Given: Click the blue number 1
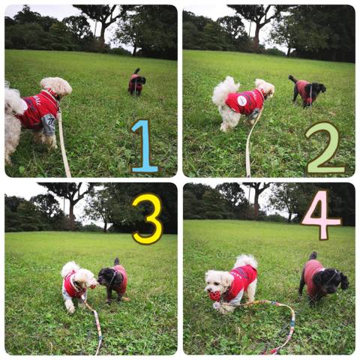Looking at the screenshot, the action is (145, 146).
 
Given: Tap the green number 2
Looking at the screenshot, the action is (325, 148).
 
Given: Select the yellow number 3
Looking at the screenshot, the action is (148, 219).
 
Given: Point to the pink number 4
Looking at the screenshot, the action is (321, 215).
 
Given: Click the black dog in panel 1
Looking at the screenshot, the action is (136, 82).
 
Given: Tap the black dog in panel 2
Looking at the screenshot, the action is (307, 91).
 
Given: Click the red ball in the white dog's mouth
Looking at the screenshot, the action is (215, 295).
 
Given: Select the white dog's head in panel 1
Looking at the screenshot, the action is (57, 86).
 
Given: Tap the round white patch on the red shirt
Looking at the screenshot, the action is (241, 100).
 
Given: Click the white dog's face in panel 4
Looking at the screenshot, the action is (216, 283).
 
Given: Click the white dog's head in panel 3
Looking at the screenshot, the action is (85, 277).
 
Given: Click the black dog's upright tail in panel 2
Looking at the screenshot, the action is (292, 79).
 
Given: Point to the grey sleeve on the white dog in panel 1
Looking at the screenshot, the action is (49, 124).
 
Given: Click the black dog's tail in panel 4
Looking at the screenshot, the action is (313, 256).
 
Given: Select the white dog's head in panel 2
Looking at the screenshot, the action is (265, 87).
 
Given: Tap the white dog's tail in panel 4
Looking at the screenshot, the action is (246, 262).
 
